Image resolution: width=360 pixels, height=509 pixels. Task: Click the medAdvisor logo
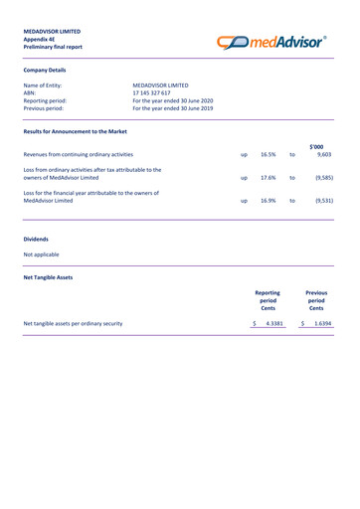[x=285, y=40]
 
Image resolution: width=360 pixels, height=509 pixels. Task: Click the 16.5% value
[x=269, y=155]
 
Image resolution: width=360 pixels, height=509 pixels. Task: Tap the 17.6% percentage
[x=269, y=178]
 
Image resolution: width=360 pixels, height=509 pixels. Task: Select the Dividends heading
[x=38, y=240]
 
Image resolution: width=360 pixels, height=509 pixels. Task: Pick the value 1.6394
[x=323, y=324]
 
